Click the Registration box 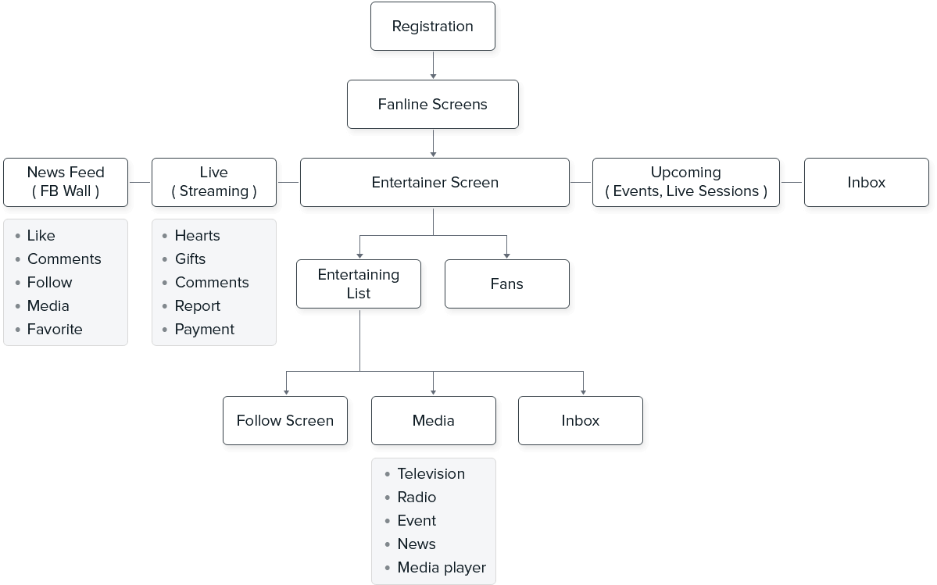pyautogui.click(x=432, y=26)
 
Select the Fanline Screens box pyautogui.click(x=432, y=104)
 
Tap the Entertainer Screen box pyautogui.click(x=435, y=182)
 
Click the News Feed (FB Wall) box pyautogui.click(x=66, y=182)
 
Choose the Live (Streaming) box pyautogui.click(x=213, y=182)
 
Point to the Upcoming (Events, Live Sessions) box pyautogui.click(x=685, y=182)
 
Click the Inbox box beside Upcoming pyautogui.click(x=866, y=182)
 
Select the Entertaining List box pyautogui.click(x=359, y=284)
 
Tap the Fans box pyautogui.click(x=506, y=284)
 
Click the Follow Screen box pyautogui.click(x=285, y=420)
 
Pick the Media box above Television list pyautogui.click(x=433, y=420)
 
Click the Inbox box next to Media pyautogui.click(x=581, y=420)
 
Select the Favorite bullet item pyautogui.click(x=55, y=329)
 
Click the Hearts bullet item pyautogui.click(x=197, y=235)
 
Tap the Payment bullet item pyautogui.click(x=204, y=329)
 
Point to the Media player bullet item pyautogui.click(x=442, y=567)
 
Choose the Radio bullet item pyautogui.click(x=417, y=497)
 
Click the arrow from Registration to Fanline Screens pyautogui.click(x=433, y=65)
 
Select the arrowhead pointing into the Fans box pyautogui.click(x=506, y=255)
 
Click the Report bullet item pyautogui.click(x=197, y=305)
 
